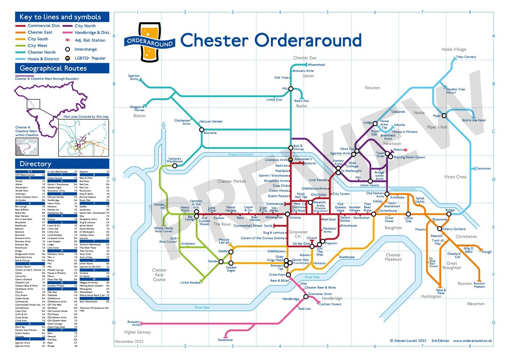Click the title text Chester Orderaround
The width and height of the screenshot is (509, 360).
coord(271,40)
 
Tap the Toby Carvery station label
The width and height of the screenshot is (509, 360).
coord(466,57)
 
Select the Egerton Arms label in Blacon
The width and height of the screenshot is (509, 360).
coord(134,77)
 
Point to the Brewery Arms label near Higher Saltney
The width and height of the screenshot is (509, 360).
coord(134,323)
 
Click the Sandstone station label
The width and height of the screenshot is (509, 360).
coord(225,340)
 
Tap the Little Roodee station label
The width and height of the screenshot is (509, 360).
coord(190,283)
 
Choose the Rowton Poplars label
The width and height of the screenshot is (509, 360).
coord(479,285)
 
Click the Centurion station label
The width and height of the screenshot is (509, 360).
coord(484,168)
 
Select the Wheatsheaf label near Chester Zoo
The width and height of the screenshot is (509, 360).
coord(316,64)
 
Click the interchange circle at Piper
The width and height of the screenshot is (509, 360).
coord(443,115)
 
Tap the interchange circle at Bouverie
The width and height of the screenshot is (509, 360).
coord(201,130)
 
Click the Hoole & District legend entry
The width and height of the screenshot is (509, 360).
coord(43,59)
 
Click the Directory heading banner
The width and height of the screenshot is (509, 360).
coord(62,164)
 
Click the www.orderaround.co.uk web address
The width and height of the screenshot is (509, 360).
coord(473,341)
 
